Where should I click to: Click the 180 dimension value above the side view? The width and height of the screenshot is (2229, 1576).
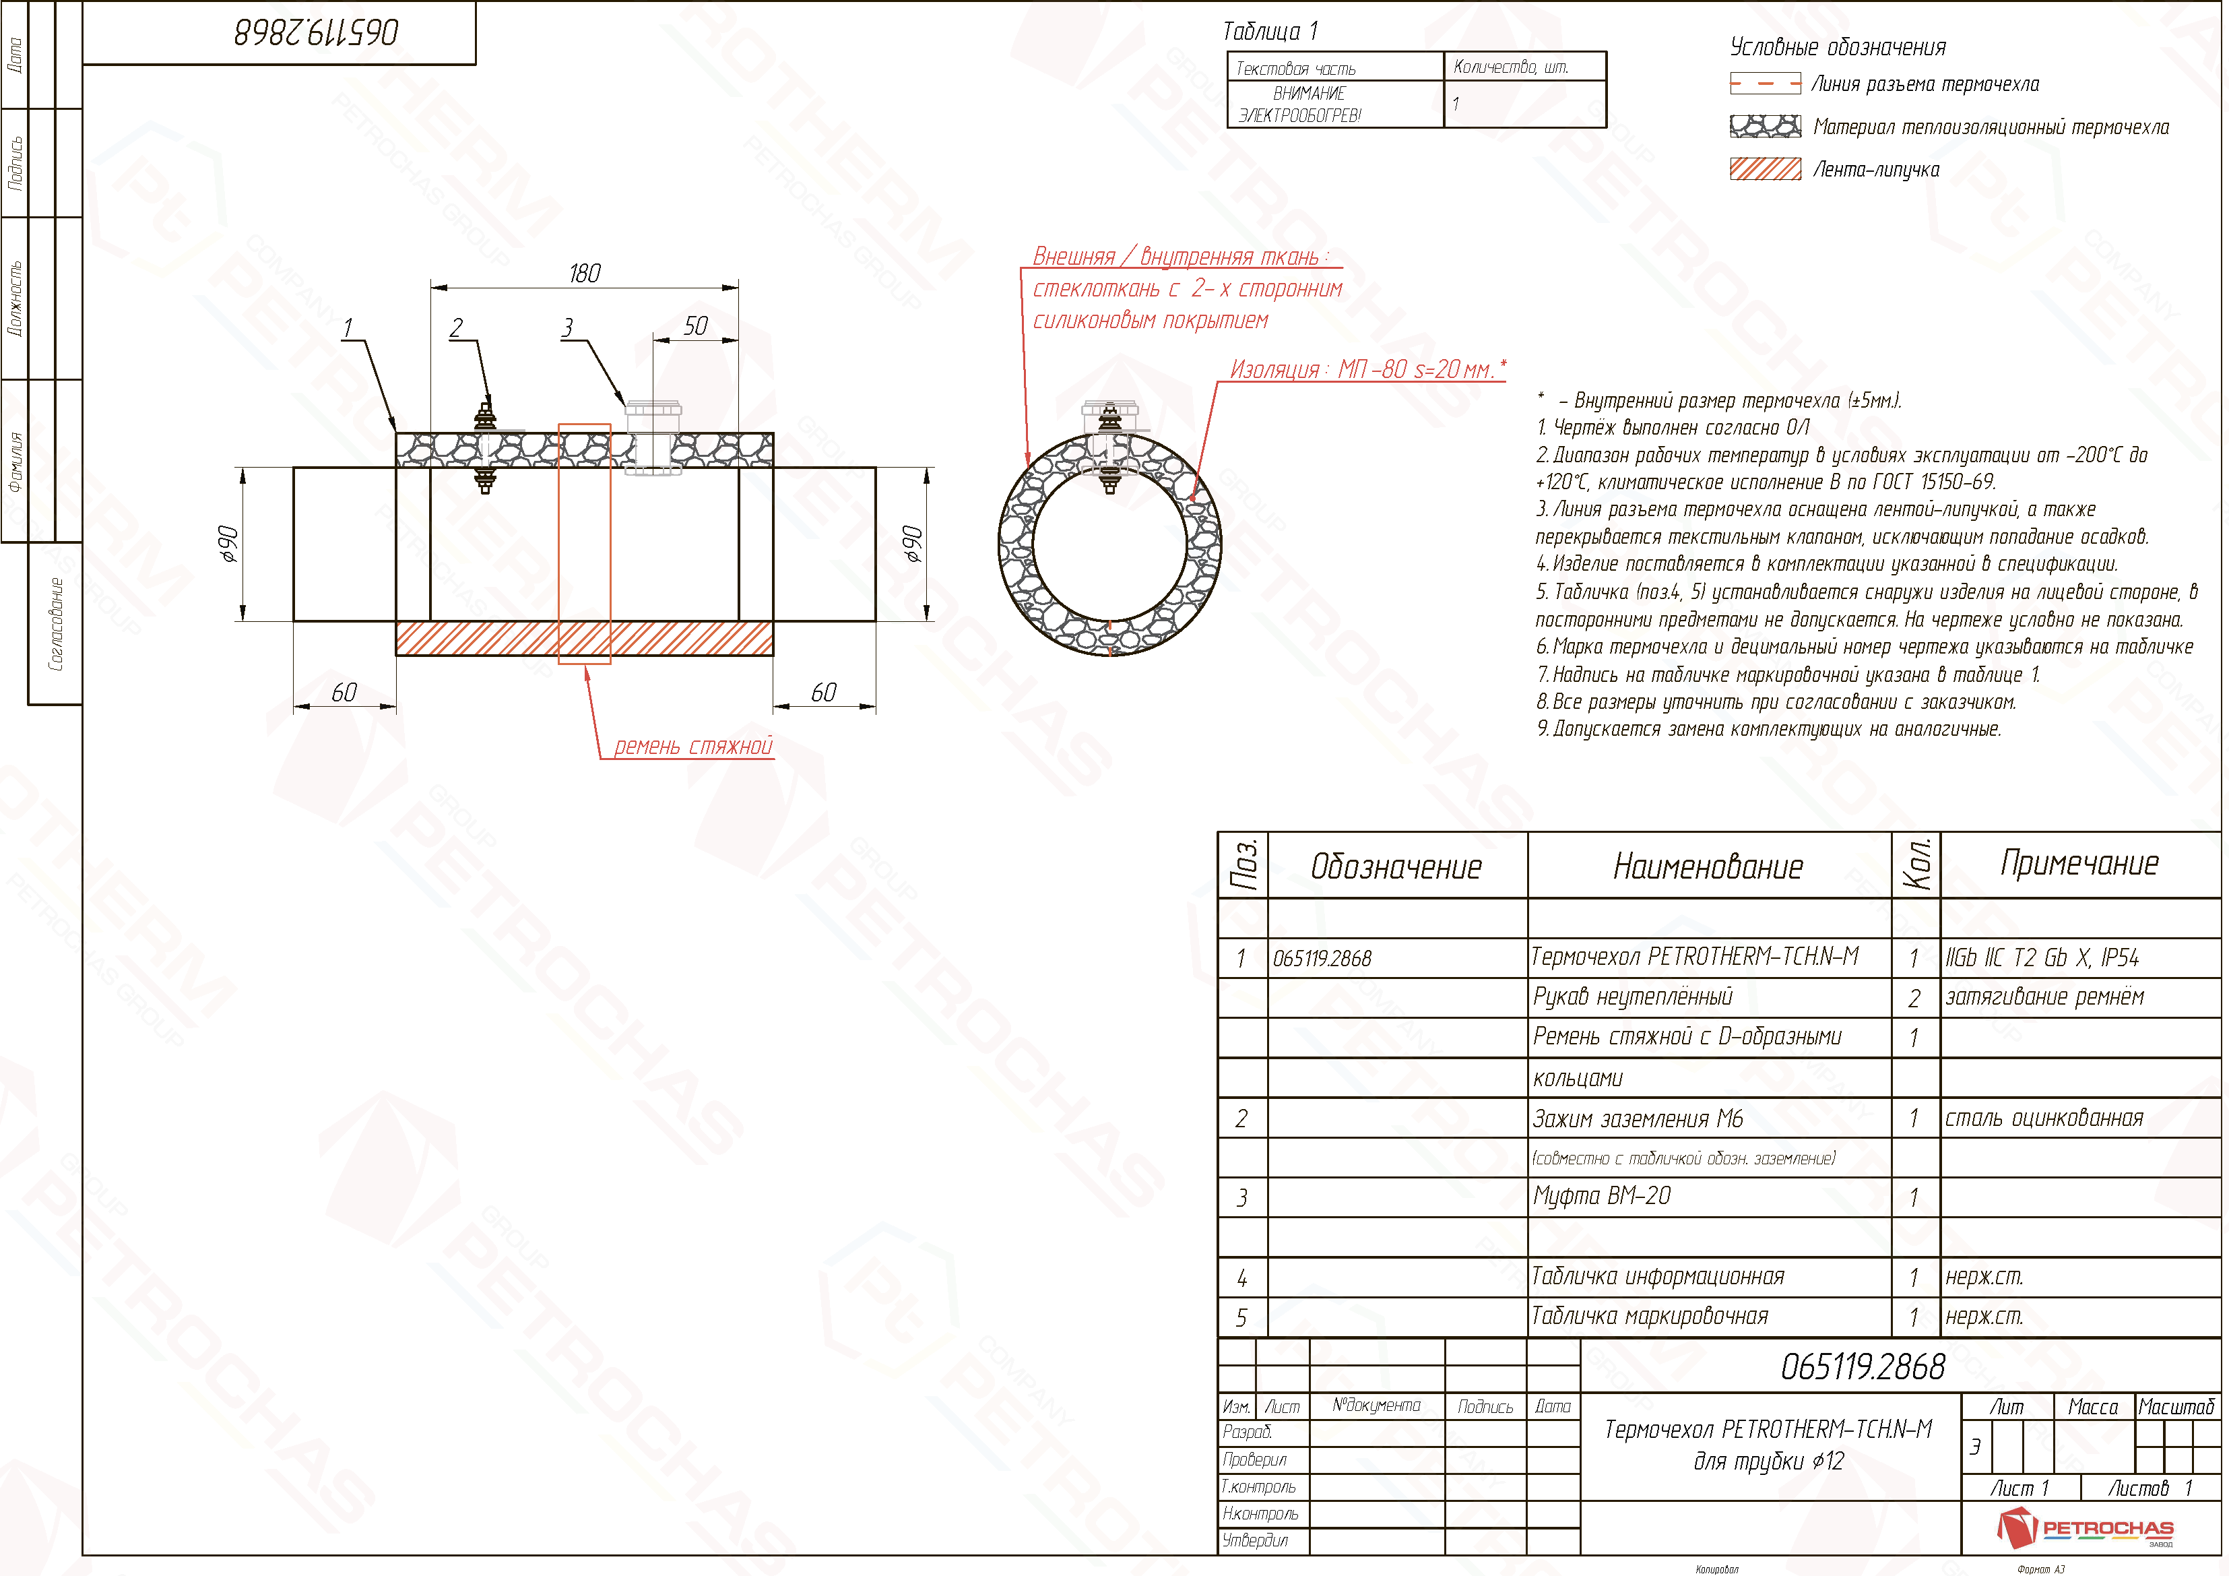585,273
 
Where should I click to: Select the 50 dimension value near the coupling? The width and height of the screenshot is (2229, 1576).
696,326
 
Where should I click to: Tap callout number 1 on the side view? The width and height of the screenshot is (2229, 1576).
348,328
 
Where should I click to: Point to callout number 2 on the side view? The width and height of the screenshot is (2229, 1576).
456,328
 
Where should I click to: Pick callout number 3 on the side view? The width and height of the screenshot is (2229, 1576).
567,328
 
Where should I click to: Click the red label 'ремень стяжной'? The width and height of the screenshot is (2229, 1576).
693,746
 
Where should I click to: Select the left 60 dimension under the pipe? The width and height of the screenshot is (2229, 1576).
345,693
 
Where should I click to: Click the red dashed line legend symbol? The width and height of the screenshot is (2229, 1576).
1765,84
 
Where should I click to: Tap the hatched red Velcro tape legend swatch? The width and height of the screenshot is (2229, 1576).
1765,169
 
